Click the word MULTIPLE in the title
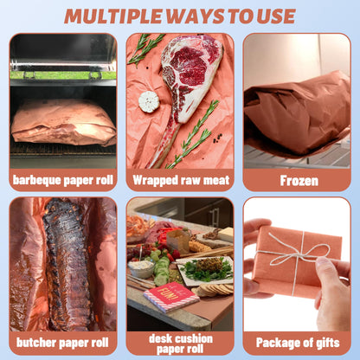coord(113,16)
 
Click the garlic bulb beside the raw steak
coord(149,101)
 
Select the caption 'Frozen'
coord(299,181)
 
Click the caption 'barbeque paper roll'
coord(63,180)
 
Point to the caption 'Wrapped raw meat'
coord(181,180)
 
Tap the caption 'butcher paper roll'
coord(62,343)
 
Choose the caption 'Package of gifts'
coord(298,343)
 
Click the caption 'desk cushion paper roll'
coord(181,344)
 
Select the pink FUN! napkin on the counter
coord(170,296)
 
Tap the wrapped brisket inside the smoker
coord(63,123)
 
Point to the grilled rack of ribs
coord(67,264)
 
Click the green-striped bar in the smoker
coord(63,75)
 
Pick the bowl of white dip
coord(141,268)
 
